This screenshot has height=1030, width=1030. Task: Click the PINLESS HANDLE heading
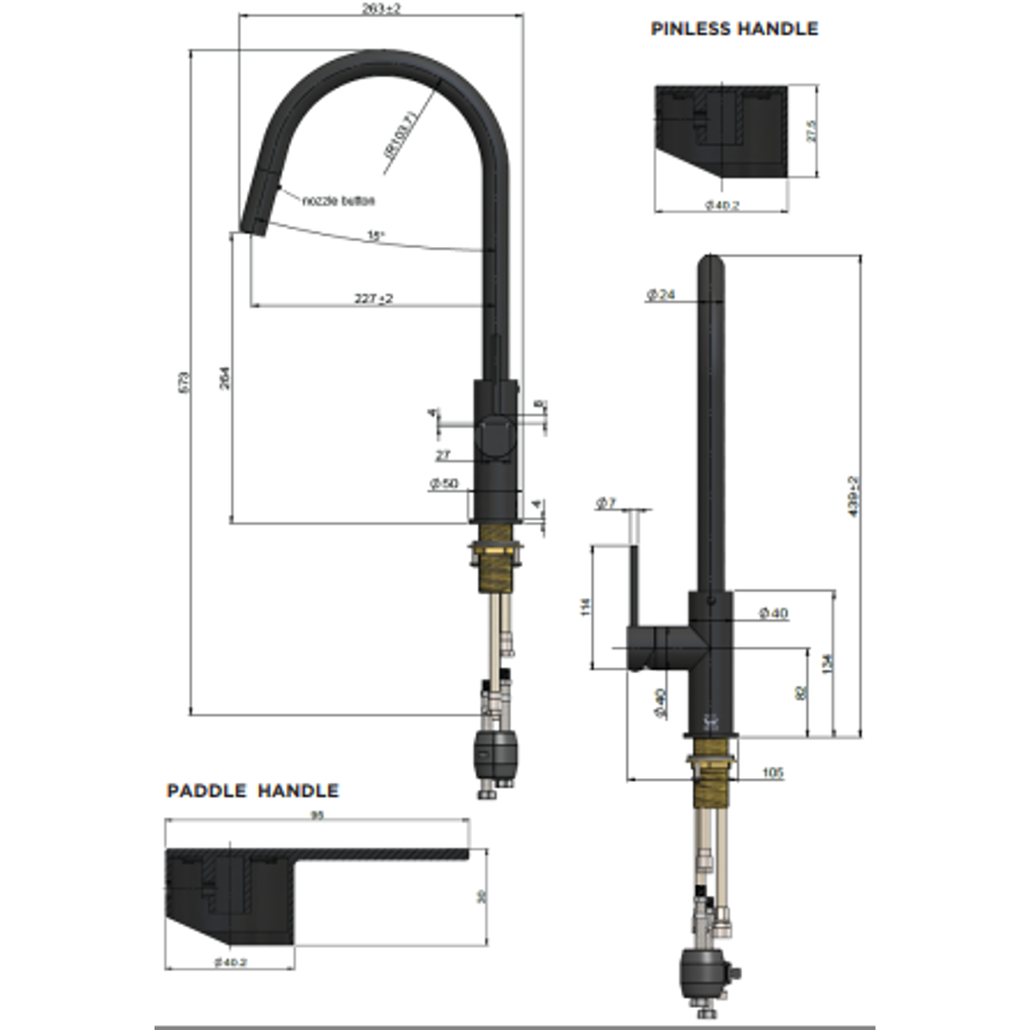pos(733,29)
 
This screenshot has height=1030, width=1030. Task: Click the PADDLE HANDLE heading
pos(252,791)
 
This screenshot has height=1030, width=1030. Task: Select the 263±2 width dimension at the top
pos(381,9)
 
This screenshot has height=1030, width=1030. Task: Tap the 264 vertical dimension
pos(224,379)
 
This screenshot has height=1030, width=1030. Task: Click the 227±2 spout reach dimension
pos(373,299)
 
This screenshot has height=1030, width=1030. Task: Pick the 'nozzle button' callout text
pos(338,200)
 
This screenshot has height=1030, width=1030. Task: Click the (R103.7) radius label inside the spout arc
pos(400,134)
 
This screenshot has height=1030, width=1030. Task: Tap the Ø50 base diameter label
pos(444,484)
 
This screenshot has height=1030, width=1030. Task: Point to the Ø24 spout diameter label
pos(660,296)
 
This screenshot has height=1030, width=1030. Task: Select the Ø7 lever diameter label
pos(606,504)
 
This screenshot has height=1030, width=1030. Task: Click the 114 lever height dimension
pos(586,607)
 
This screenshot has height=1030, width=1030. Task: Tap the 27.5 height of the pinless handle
pos(811,132)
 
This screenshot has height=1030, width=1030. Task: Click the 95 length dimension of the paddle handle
pos(318,814)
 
